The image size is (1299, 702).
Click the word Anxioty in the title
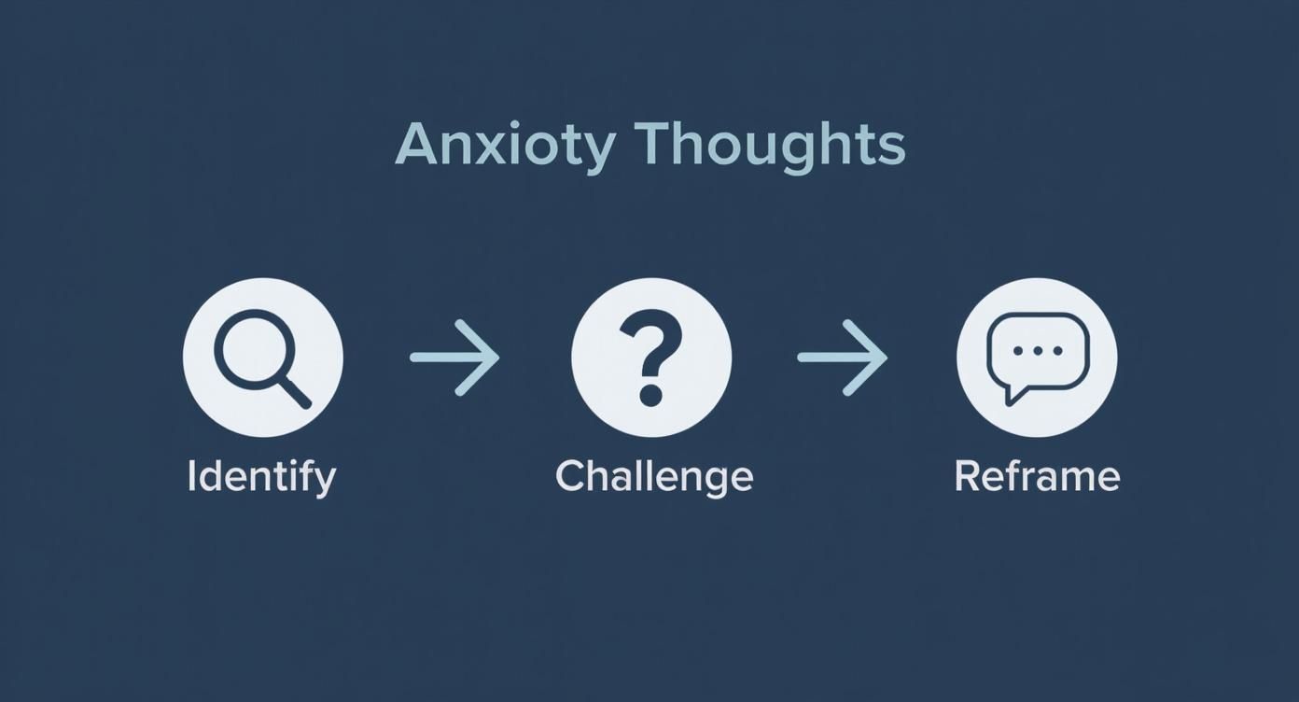pos(505,146)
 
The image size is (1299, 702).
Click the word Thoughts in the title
pos(770,146)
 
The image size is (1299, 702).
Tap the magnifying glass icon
pos(262,358)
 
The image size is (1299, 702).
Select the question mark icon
pos(650,358)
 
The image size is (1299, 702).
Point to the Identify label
pos(261,477)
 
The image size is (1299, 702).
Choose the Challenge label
pos(653,477)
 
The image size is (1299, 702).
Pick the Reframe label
pos(1037,476)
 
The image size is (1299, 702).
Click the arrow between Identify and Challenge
pos(455,358)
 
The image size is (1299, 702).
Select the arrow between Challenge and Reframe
pos(843,358)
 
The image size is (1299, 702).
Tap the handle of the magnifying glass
pos(294,392)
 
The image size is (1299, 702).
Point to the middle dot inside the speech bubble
pos(1037,351)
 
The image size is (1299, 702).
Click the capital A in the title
pos(417,146)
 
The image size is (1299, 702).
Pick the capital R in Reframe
pos(967,476)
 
